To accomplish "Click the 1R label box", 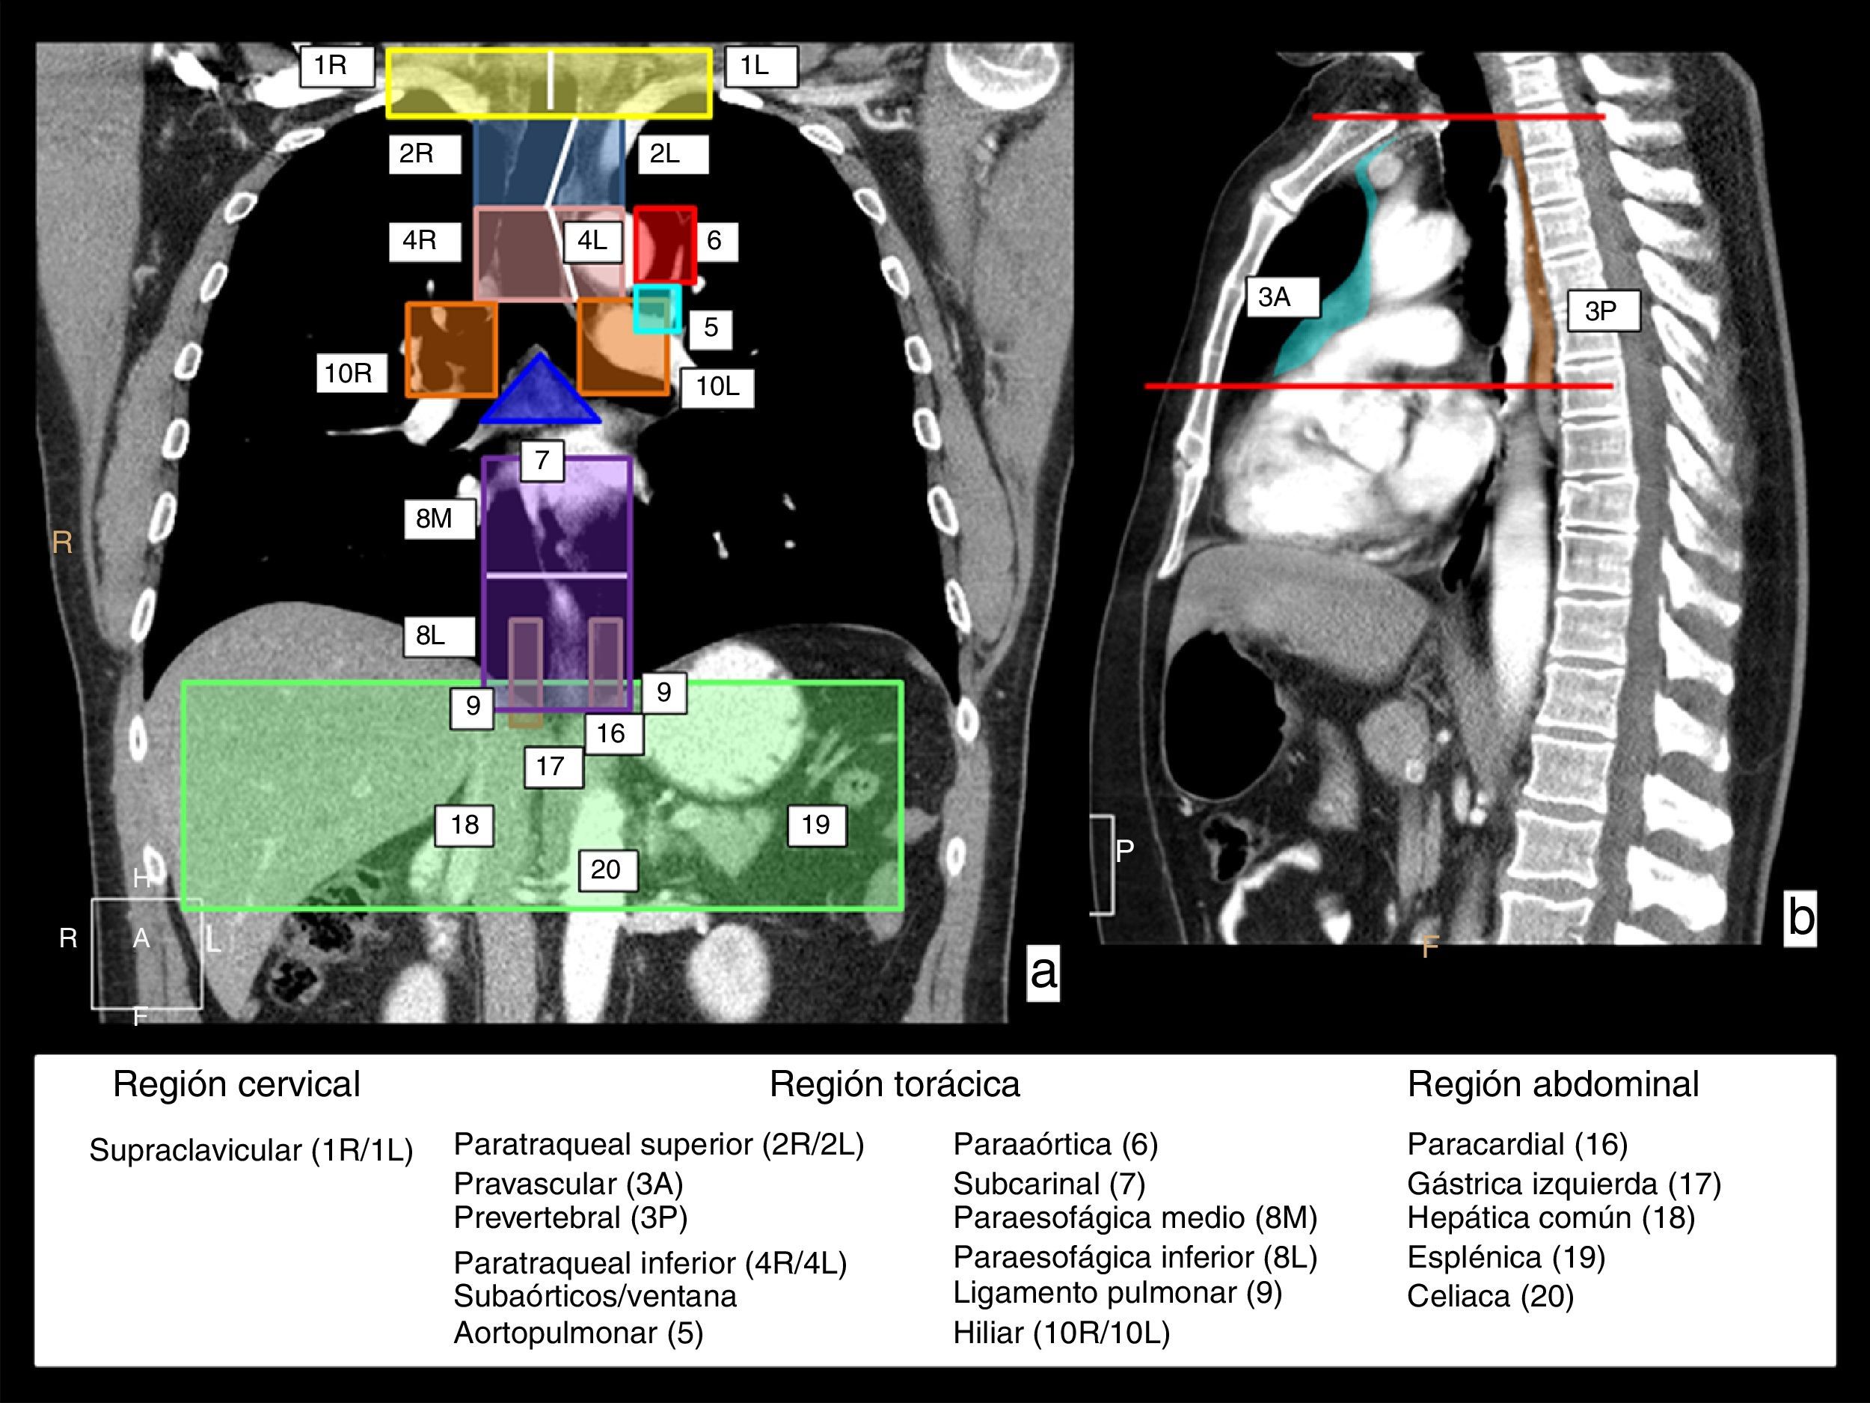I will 337,67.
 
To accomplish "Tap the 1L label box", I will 760,67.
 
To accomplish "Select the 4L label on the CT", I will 592,242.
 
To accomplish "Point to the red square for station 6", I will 665,245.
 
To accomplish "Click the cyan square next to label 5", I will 657,309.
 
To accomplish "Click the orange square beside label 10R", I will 452,349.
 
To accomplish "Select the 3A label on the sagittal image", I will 1281,297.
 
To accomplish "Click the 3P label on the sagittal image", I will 1603,311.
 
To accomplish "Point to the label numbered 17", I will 553,767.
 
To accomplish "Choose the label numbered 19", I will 817,825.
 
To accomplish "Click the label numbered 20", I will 607,870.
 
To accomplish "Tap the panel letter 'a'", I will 1043,972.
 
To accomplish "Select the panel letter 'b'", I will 1800,917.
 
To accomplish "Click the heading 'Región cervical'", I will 236,1084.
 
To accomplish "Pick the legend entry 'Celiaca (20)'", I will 1489,1295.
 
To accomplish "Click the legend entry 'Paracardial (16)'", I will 1517,1144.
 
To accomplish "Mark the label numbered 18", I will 464,825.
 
